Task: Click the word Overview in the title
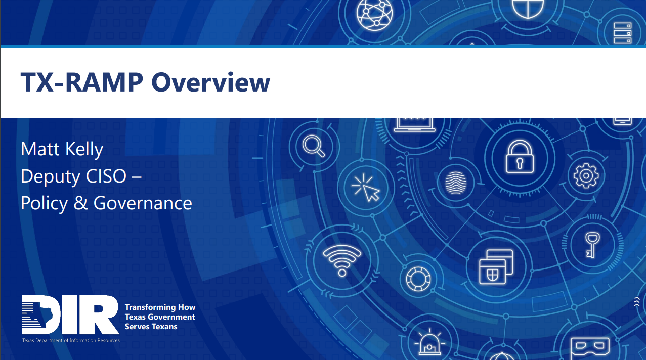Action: [x=210, y=82]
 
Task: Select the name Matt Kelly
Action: [x=62, y=149]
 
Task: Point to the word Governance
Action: [x=143, y=203]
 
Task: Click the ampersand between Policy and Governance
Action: [x=80, y=203]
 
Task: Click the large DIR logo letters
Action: [x=70, y=314]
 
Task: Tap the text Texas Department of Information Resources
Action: [x=71, y=340]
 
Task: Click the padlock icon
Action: [x=520, y=157]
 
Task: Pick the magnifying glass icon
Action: [x=313, y=146]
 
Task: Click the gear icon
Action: [x=586, y=175]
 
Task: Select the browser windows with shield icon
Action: [x=496, y=266]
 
